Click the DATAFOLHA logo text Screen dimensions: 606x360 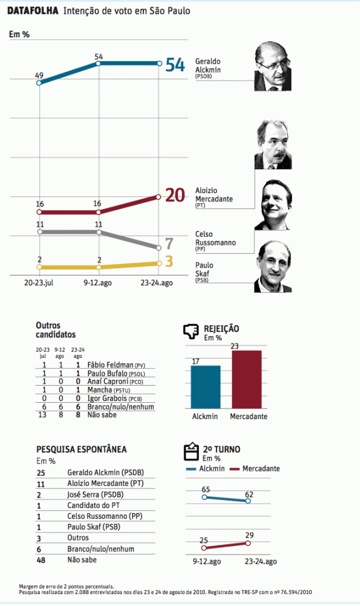33,11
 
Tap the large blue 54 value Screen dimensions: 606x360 175,64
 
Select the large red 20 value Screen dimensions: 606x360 175,196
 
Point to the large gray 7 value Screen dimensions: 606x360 169,244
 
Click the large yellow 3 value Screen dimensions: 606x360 169,262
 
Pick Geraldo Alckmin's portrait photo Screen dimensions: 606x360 273,68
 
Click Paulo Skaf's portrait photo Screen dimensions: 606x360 273,267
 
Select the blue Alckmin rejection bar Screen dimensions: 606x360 205,387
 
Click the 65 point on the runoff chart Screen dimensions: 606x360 204,497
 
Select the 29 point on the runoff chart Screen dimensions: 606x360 248,543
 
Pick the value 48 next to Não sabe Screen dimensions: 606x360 40,559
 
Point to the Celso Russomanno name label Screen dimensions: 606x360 212,238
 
